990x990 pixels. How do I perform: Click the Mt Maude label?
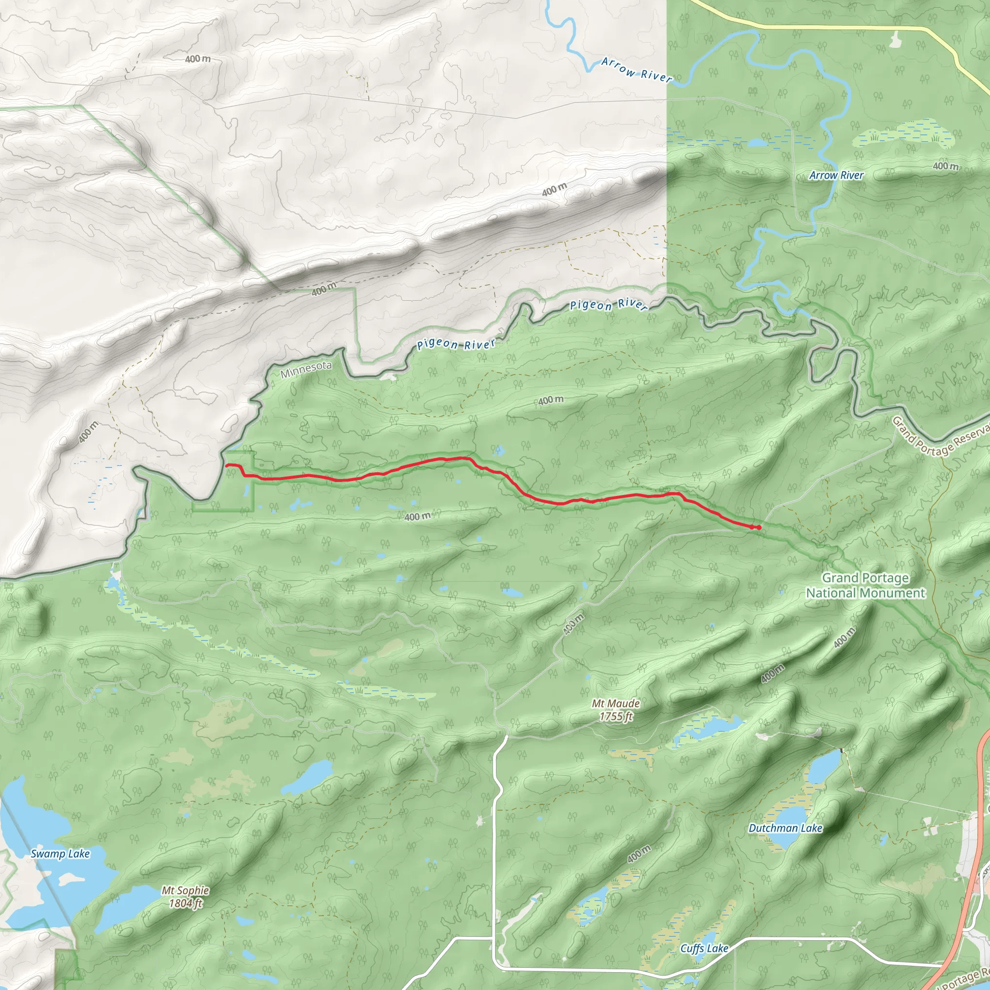pos(615,703)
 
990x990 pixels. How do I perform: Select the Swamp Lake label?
pos(60,854)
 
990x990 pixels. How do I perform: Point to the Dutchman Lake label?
pos(785,828)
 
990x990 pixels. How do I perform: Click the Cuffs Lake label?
pos(704,948)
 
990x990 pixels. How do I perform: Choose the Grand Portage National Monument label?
pos(865,585)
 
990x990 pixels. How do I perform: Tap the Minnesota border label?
pos(306,369)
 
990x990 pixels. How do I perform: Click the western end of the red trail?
pos(227,466)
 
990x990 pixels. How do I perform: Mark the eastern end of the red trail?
pos(759,527)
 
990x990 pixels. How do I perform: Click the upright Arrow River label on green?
pos(836,175)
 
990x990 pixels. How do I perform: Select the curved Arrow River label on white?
pos(637,70)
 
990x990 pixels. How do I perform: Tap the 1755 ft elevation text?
pos(616,716)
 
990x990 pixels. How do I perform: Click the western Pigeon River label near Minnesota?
pos(455,344)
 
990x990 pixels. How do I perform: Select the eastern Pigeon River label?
pos(609,305)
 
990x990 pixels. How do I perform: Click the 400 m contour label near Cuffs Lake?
pos(639,854)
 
